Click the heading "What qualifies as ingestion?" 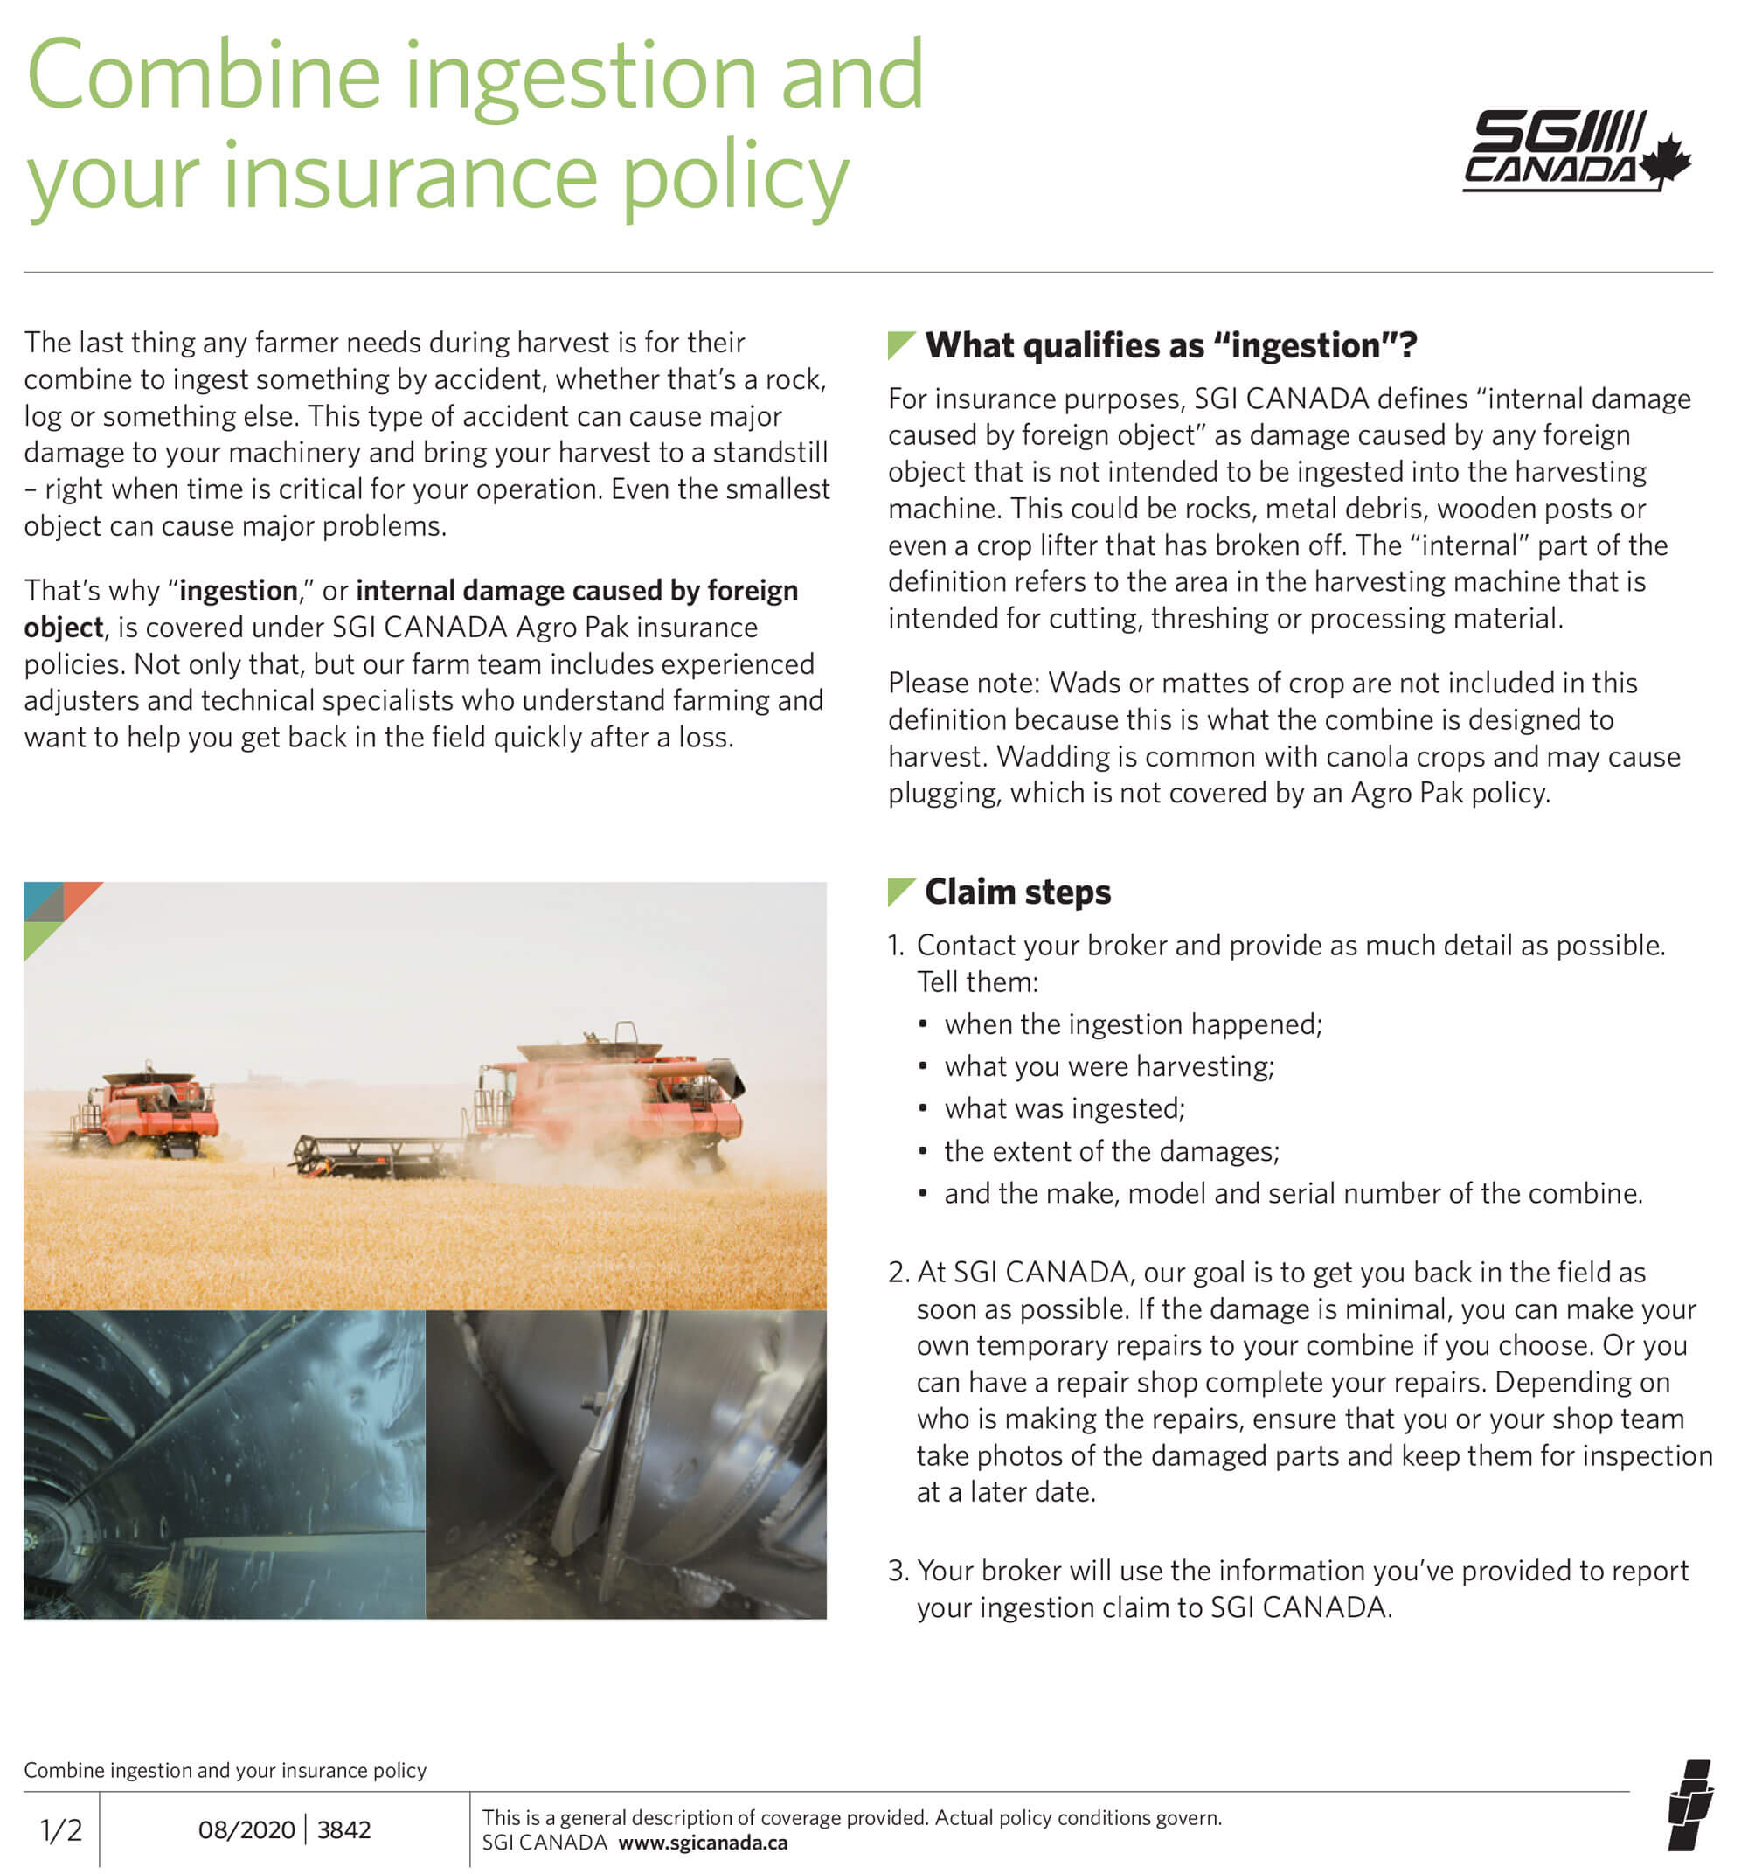1170,345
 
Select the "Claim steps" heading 1017,892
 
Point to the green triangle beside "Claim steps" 899,891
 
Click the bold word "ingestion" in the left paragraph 238,590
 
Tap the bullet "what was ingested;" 1064,1108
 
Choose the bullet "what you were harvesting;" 1109,1066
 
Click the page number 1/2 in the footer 60,1830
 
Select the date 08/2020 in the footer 246,1830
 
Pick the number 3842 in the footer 344,1830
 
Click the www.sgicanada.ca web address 703,1843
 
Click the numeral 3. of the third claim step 898,1571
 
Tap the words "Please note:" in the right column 963,683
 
